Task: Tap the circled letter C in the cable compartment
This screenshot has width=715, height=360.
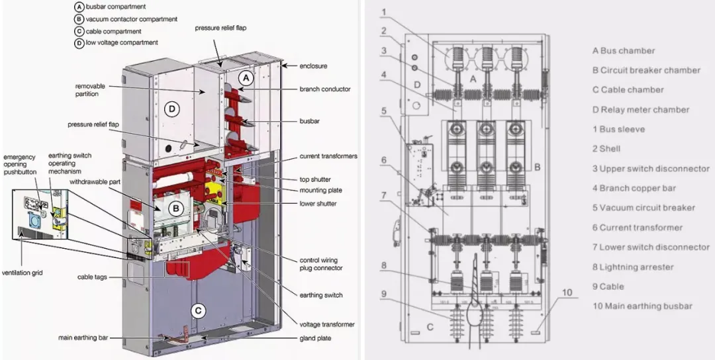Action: tap(197, 310)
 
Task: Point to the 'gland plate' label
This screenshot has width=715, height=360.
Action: tap(314, 338)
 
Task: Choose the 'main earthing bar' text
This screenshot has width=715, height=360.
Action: tap(83, 338)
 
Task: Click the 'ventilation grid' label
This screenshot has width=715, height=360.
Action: tap(23, 273)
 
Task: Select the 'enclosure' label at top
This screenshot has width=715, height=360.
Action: tap(313, 66)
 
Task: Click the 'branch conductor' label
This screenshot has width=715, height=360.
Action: tap(324, 89)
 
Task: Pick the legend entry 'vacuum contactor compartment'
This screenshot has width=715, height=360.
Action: tap(126, 19)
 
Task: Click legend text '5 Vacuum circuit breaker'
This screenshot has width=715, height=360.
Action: tap(643, 208)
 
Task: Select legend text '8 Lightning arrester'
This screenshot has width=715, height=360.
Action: tap(632, 267)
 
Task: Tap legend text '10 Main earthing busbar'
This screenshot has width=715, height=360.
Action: tap(642, 306)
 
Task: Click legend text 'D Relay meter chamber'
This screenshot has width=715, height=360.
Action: tap(640, 110)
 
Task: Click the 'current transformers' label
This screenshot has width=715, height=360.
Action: tap(328, 156)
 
